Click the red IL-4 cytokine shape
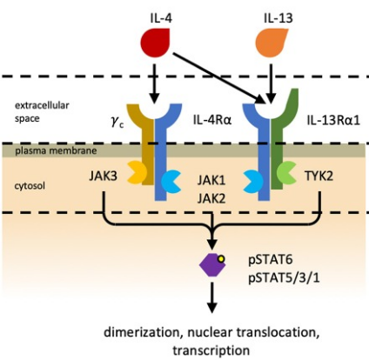click(155, 42)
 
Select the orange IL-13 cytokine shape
click(271, 42)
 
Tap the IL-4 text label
click(161, 18)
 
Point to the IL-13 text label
click(278, 18)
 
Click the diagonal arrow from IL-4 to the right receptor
click(219, 77)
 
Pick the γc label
click(117, 122)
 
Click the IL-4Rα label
click(212, 120)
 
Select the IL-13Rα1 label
click(333, 120)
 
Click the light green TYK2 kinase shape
click(286, 173)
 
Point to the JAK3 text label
click(104, 176)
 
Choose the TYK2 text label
click(319, 176)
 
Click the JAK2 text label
click(211, 199)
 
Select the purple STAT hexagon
click(212, 264)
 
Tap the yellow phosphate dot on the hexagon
click(221, 259)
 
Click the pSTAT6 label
click(271, 260)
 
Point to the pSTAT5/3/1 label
click(285, 278)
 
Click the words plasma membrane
click(56, 150)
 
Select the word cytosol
click(30, 185)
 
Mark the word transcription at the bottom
click(211, 350)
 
